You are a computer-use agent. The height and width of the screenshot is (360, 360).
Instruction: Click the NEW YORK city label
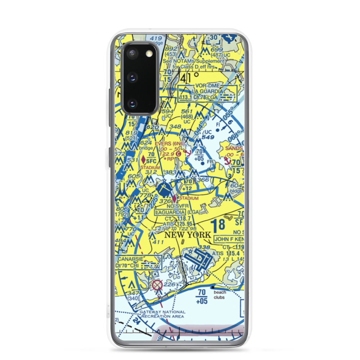tap(188, 235)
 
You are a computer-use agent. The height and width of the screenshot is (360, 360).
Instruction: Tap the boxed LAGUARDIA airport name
tap(169, 212)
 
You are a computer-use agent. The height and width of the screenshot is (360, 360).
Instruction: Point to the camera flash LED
tap(149, 54)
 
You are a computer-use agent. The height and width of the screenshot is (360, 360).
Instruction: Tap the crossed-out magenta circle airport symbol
tap(157, 285)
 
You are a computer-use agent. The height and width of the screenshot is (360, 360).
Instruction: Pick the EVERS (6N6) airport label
tap(170, 143)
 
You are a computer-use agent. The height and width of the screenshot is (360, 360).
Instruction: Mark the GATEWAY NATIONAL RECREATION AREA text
tap(163, 314)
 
